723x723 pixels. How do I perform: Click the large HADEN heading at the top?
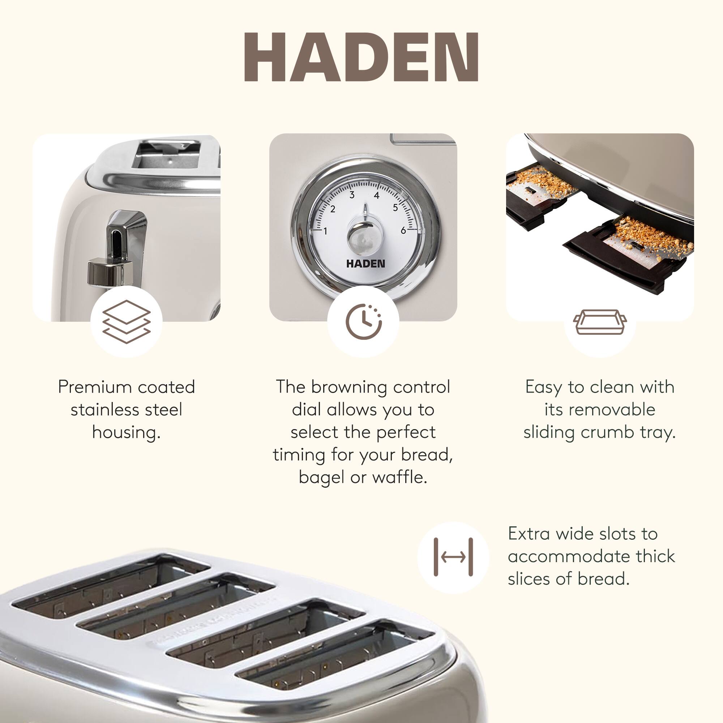[x=361, y=57]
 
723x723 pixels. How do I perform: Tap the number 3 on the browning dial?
[x=352, y=194]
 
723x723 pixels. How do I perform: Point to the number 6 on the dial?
[x=403, y=231]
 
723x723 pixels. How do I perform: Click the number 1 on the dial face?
[x=325, y=231]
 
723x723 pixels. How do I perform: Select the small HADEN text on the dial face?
[x=365, y=264]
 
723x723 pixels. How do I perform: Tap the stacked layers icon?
[x=127, y=322]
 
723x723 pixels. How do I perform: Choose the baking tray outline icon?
[x=600, y=322]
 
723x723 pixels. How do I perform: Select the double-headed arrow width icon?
[x=453, y=557]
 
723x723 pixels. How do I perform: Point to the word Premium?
[x=95, y=387]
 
